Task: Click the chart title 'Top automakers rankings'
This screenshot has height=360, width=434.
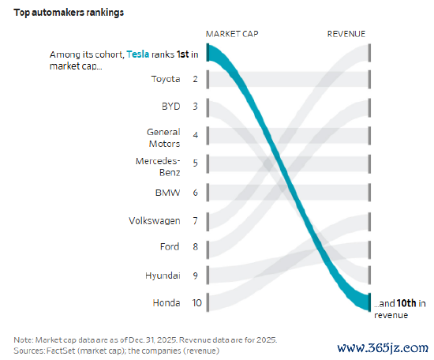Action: pyautogui.click(x=69, y=13)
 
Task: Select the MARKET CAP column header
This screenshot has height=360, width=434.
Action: pyautogui.click(x=232, y=34)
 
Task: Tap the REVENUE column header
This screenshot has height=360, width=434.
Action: pyautogui.click(x=346, y=34)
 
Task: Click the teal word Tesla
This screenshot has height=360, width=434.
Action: pyautogui.click(x=138, y=54)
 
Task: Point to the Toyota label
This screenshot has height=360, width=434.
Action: pyautogui.click(x=166, y=79)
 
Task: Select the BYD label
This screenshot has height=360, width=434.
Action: pyautogui.click(x=170, y=107)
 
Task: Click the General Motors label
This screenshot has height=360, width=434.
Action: pyautogui.click(x=163, y=137)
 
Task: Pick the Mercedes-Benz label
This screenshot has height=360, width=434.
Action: pyautogui.click(x=158, y=167)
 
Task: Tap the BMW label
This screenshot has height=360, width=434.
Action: pyautogui.click(x=167, y=193)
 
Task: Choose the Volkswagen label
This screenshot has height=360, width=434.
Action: pyautogui.click(x=155, y=221)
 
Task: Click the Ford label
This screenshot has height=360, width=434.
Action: pyautogui.click(x=170, y=246)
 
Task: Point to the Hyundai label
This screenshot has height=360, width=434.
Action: pyautogui.click(x=163, y=276)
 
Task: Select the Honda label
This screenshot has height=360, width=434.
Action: pyautogui.click(x=166, y=302)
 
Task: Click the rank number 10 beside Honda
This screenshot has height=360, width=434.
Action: pyautogui.click(x=196, y=302)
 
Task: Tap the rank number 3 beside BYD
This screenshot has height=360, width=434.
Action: pyautogui.click(x=195, y=107)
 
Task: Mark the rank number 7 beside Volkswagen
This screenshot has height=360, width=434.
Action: pyautogui.click(x=195, y=221)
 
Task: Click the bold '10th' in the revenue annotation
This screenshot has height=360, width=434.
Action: pyautogui.click(x=406, y=303)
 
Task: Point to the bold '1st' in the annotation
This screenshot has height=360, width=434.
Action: pyautogui.click(x=183, y=54)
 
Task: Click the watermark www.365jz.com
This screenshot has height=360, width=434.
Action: pyautogui.click(x=383, y=348)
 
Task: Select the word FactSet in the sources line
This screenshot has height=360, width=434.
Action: pyautogui.click(x=61, y=351)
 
